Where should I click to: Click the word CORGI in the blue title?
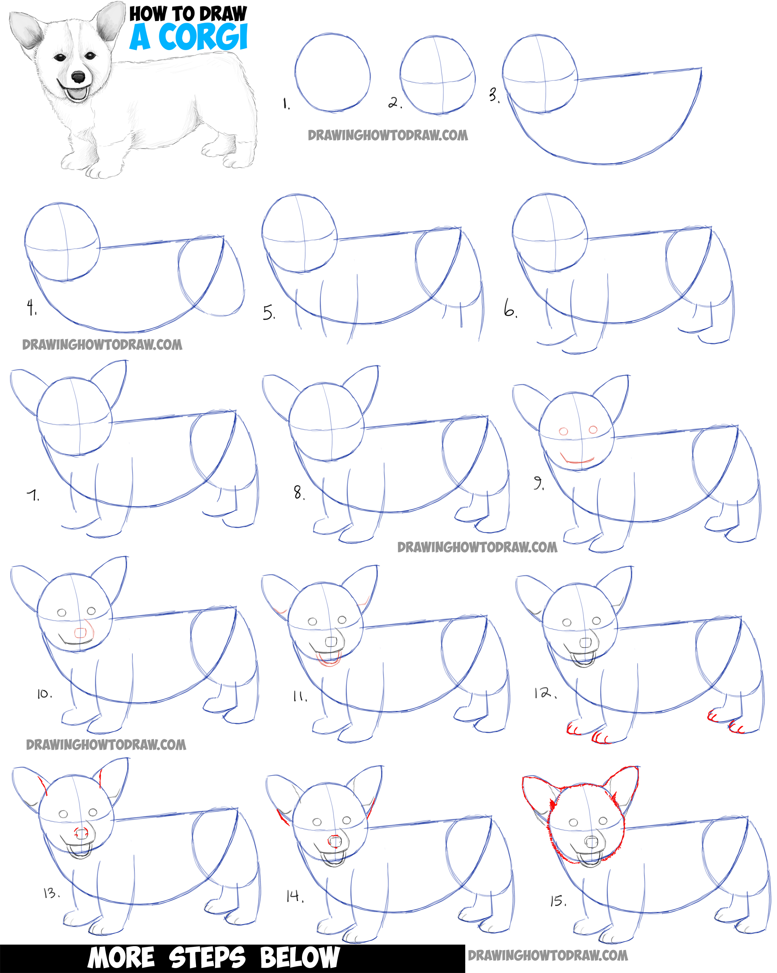(x=203, y=37)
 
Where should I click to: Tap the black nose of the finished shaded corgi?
(x=78, y=77)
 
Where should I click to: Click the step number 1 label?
(x=286, y=104)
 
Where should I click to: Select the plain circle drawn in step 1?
(x=333, y=72)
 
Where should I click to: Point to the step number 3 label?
(x=494, y=95)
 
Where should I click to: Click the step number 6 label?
(x=510, y=311)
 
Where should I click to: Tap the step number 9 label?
(x=539, y=483)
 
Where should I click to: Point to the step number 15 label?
(x=558, y=901)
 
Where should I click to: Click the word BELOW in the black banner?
(x=299, y=958)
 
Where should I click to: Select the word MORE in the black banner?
(x=121, y=958)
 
